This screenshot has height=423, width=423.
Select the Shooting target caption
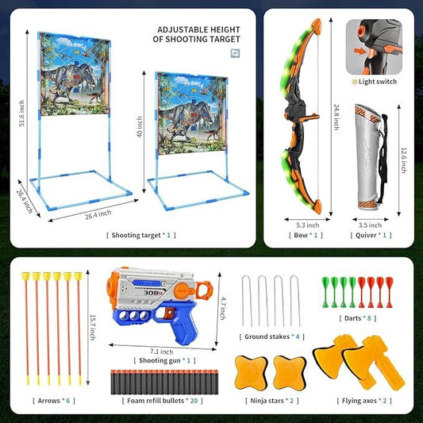pos(140,235)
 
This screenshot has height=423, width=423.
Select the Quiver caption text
pos(370,235)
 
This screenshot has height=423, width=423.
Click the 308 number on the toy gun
pos(153,292)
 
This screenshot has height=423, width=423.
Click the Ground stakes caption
pos(271,336)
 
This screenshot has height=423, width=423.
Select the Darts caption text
pos(356,318)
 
